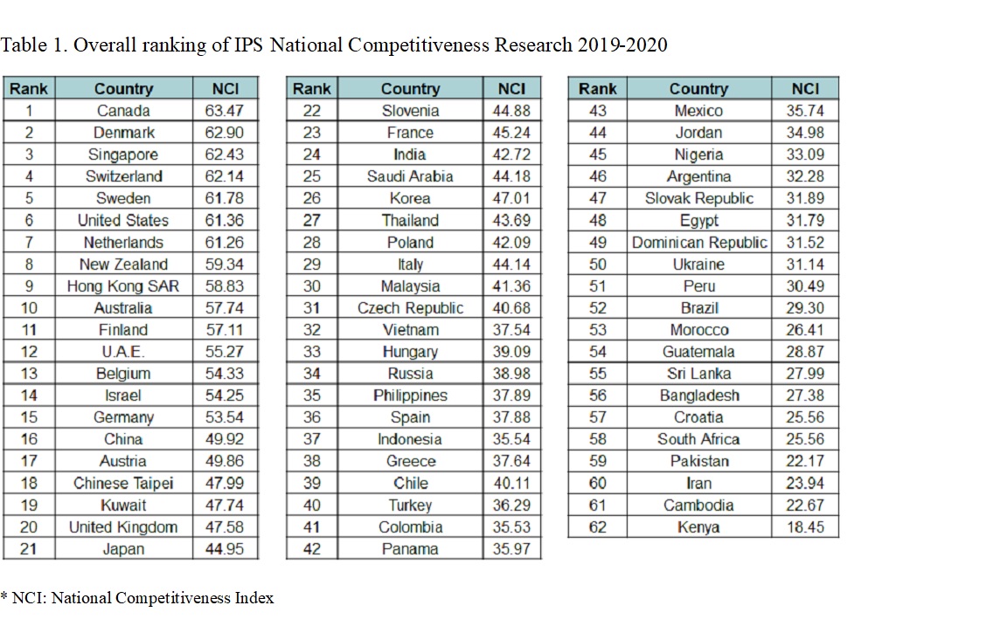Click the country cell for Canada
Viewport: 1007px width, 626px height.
tap(123, 111)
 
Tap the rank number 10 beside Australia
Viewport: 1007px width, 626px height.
tap(28, 308)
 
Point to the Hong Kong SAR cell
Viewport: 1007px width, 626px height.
tap(123, 286)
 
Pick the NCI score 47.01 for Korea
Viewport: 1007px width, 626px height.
tap(511, 198)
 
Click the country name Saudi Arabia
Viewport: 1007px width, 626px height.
tap(410, 176)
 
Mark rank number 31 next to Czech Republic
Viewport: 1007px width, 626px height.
tap(312, 308)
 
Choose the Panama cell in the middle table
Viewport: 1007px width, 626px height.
tap(410, 549)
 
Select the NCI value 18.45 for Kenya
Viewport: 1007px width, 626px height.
tap(805, 527)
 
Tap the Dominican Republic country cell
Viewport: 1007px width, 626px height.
tap(699, 243)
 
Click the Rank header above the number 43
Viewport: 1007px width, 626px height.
tap(598, 88)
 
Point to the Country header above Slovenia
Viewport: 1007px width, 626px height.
tap(410, 88)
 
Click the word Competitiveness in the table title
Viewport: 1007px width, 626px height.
tap(419, 45)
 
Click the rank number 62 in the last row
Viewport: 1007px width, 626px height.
tap(598, 527)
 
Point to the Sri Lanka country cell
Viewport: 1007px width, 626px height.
tap(699, 374)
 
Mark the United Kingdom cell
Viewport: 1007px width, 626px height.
tap(123, 527)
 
